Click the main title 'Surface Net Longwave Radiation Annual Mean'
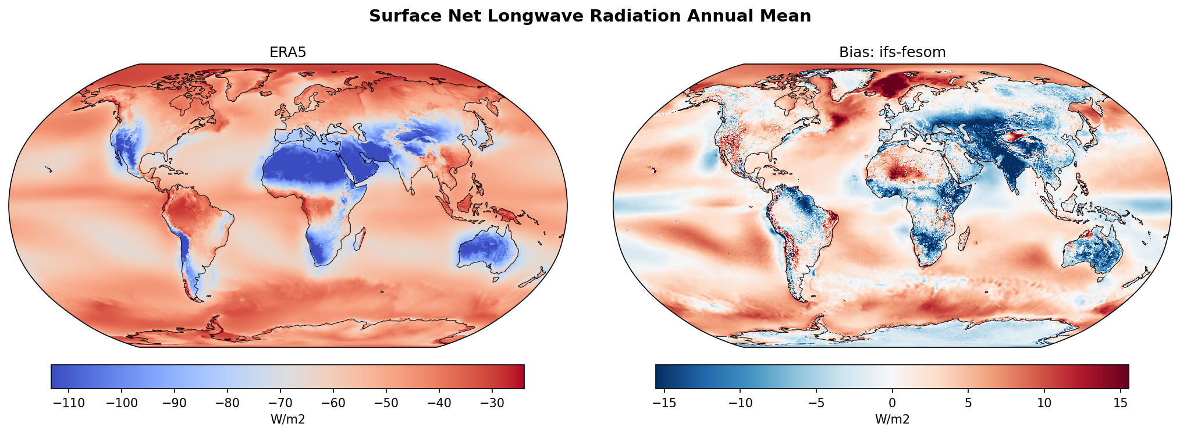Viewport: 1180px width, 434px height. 589,16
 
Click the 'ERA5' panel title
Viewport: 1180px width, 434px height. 287,52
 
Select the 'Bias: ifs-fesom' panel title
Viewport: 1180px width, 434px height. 892,52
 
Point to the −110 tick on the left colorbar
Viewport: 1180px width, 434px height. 69,403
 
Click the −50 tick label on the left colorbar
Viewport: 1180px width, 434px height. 386,403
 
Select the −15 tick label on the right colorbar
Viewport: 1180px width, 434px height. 664,403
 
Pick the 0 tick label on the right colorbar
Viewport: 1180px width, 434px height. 892,403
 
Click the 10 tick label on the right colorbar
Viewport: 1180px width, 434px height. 1044,403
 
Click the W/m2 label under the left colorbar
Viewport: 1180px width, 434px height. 287,419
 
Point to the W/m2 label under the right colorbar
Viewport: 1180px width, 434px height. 892,419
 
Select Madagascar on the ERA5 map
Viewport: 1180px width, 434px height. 360,239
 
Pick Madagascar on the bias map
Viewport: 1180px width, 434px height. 964,239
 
